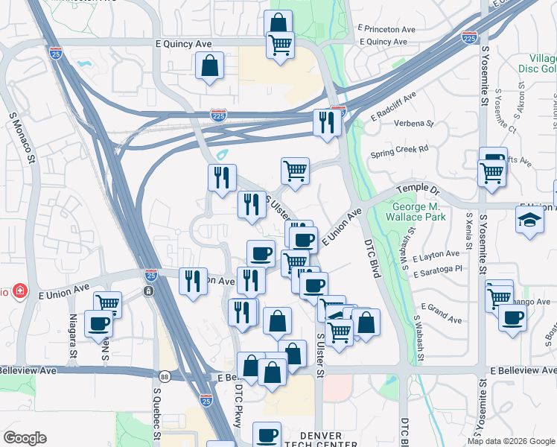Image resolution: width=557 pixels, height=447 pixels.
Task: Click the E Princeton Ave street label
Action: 386,29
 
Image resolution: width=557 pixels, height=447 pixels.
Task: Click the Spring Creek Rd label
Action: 400,149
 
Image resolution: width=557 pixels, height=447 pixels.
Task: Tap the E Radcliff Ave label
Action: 394,107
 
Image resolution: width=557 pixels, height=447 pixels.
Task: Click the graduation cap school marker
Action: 529,220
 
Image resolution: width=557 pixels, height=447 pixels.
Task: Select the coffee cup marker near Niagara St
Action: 99,324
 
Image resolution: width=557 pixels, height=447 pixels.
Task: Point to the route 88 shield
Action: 163,377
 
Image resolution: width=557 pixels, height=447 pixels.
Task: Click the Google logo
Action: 25,438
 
